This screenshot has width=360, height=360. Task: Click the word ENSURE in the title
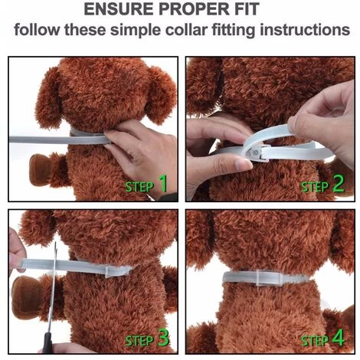point(118,9)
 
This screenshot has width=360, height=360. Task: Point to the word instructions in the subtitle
point(305,30)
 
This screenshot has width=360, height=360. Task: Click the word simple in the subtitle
point(136,31)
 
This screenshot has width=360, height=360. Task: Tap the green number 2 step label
point(339,183)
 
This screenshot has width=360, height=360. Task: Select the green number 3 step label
point(163,337)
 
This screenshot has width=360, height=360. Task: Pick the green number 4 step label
point(339,337)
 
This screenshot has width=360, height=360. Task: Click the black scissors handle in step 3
point(47,342)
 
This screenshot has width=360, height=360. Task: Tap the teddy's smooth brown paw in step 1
point(39,169)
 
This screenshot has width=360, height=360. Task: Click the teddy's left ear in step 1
point(48,98)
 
